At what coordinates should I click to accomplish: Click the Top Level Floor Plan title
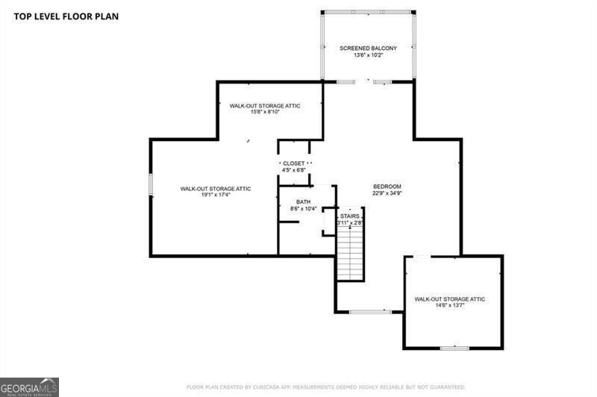66,16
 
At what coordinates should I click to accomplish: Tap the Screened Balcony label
368,48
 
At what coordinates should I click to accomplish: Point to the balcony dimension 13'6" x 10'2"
368,54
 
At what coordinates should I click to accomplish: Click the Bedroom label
387,187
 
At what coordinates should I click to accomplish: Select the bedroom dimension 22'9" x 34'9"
387,193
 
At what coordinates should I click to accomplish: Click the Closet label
293,163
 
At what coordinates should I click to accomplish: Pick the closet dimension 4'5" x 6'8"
293,170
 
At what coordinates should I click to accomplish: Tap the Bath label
303,201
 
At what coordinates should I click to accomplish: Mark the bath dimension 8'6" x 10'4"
303,208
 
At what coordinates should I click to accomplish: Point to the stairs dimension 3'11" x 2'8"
349,222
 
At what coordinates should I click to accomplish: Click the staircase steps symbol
349,254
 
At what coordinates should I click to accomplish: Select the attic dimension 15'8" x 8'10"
264,113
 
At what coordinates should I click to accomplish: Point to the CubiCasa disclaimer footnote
325,387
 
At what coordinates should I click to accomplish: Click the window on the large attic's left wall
150,184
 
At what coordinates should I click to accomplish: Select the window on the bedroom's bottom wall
371,311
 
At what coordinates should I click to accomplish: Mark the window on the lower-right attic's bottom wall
454,348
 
